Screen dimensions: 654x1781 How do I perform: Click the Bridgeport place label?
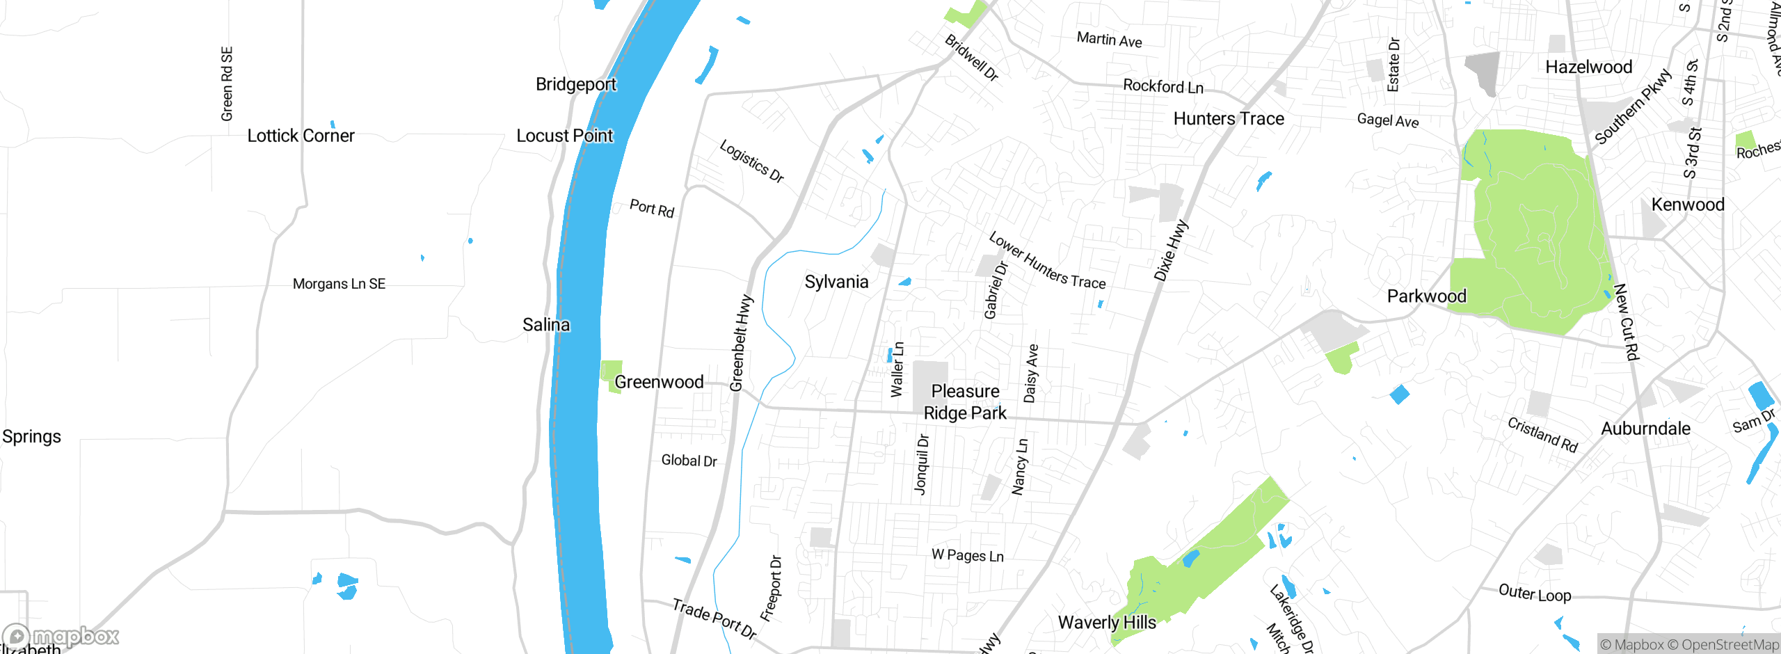[575, 84]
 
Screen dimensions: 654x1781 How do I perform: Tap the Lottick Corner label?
[301, 136]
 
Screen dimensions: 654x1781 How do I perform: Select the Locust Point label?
[564, 136]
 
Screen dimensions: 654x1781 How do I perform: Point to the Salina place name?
[545, 325]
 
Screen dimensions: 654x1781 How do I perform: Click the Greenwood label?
[658, 382]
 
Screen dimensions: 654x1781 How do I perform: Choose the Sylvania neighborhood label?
[836, 282]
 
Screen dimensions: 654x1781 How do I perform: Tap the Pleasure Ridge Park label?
[965, 402]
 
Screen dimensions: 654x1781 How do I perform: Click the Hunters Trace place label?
[1229, 119]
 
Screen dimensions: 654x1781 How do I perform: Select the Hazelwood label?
[1588, 67]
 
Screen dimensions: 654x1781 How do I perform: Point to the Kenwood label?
[1688, 205]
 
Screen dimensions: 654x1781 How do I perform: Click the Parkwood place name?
[1426, 296]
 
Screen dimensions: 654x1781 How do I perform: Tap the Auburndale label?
[1645, 429]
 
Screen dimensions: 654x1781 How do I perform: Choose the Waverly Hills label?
[1107, 622]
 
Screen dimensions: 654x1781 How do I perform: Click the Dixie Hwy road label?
[1171, 251]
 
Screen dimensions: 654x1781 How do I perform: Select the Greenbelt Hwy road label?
[741, 343]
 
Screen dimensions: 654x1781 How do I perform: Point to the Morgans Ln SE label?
[339, 284]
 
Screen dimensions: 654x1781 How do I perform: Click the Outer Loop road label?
[1535, 593]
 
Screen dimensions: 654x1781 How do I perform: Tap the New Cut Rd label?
[1627, 322]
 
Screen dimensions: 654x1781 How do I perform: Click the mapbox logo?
[61, 636]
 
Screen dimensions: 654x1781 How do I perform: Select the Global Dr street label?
[689, 461]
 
